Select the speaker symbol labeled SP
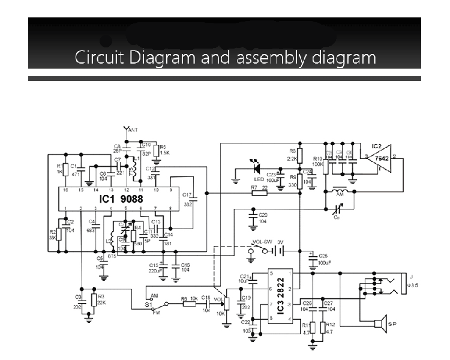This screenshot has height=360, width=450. [x=378, y=324]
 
